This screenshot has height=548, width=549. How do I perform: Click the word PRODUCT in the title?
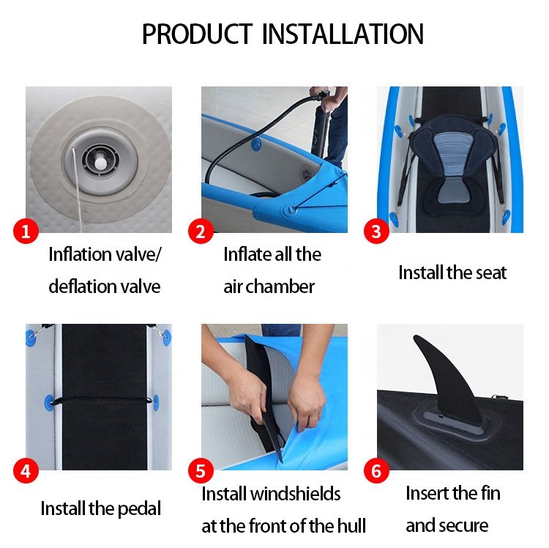point(197,34)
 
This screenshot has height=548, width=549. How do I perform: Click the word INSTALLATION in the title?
point(343,34)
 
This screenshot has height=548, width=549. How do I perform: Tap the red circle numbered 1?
point(26,232)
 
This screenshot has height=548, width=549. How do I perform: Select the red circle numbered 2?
point(201,232)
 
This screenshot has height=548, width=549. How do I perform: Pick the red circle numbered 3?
point(376,232)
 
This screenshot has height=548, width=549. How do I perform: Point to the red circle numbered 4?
point(26,471)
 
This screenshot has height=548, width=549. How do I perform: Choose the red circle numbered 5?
point(201,471)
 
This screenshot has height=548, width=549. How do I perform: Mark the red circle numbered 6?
point(376,471)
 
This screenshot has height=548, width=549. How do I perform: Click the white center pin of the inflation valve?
point(101,163)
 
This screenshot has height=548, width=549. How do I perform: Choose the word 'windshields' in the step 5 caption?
point(296,494)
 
